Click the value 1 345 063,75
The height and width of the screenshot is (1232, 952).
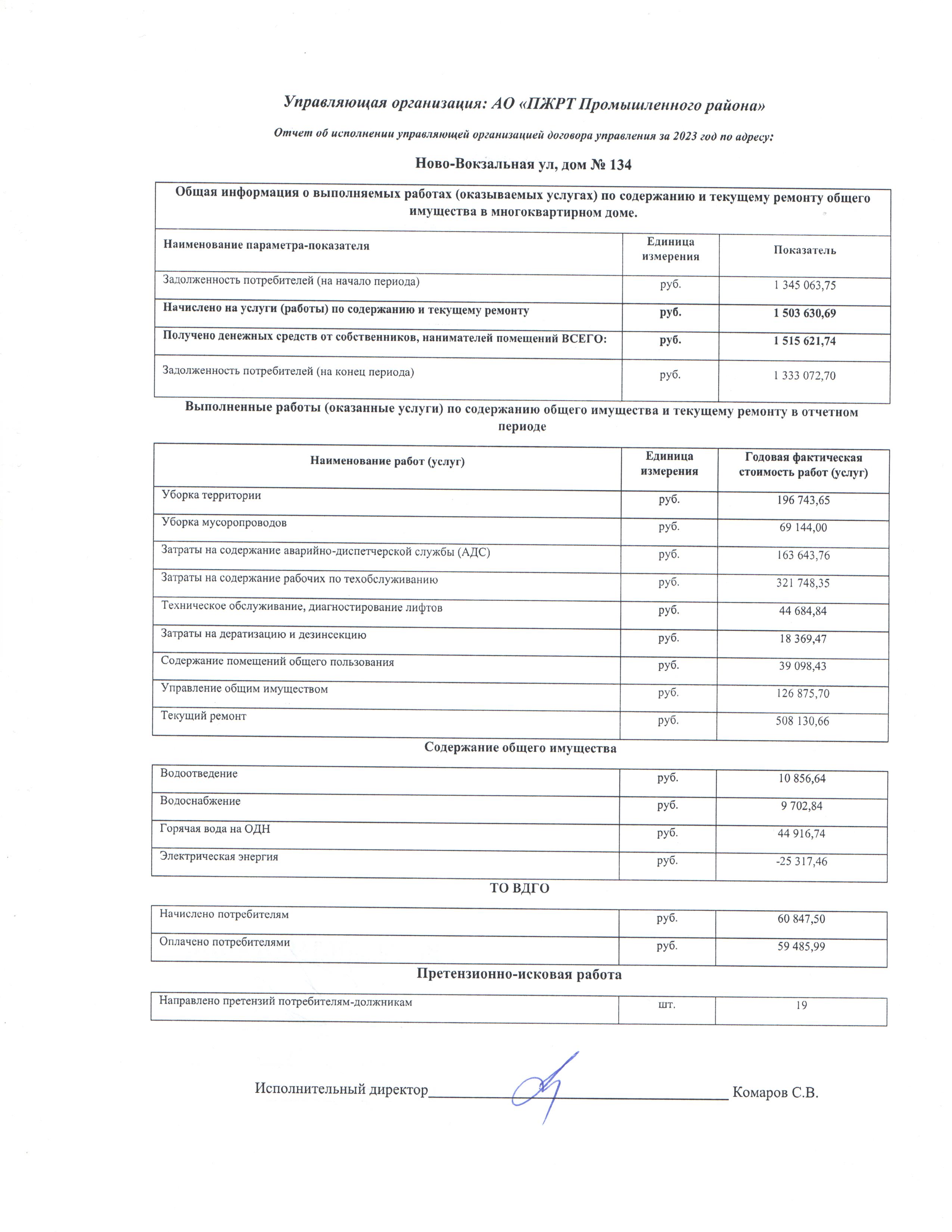[x=804, y=286]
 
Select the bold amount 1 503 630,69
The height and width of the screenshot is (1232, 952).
[x=804, y=313]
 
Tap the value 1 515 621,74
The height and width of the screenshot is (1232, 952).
[x=804, y=341]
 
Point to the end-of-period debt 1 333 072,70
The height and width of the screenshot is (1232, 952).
[x=804, y=376]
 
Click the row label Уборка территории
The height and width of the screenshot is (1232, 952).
[x=211, y=495]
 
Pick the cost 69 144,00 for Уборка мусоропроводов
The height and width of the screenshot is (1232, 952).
[x=803, y=528]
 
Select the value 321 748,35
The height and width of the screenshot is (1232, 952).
[x=803, y=583]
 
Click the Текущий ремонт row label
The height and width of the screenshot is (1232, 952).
[x=203, y=716]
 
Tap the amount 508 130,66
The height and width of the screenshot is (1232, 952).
[x=802, y=722]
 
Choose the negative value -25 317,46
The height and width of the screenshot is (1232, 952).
[x=802, y=861]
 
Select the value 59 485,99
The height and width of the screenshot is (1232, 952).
[x=801, y=946]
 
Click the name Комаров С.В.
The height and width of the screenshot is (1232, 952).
[x=775, y=1093]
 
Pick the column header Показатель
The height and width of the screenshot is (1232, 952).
[x=804, y=251]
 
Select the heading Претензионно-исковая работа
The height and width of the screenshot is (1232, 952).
[x=519, y=974]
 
